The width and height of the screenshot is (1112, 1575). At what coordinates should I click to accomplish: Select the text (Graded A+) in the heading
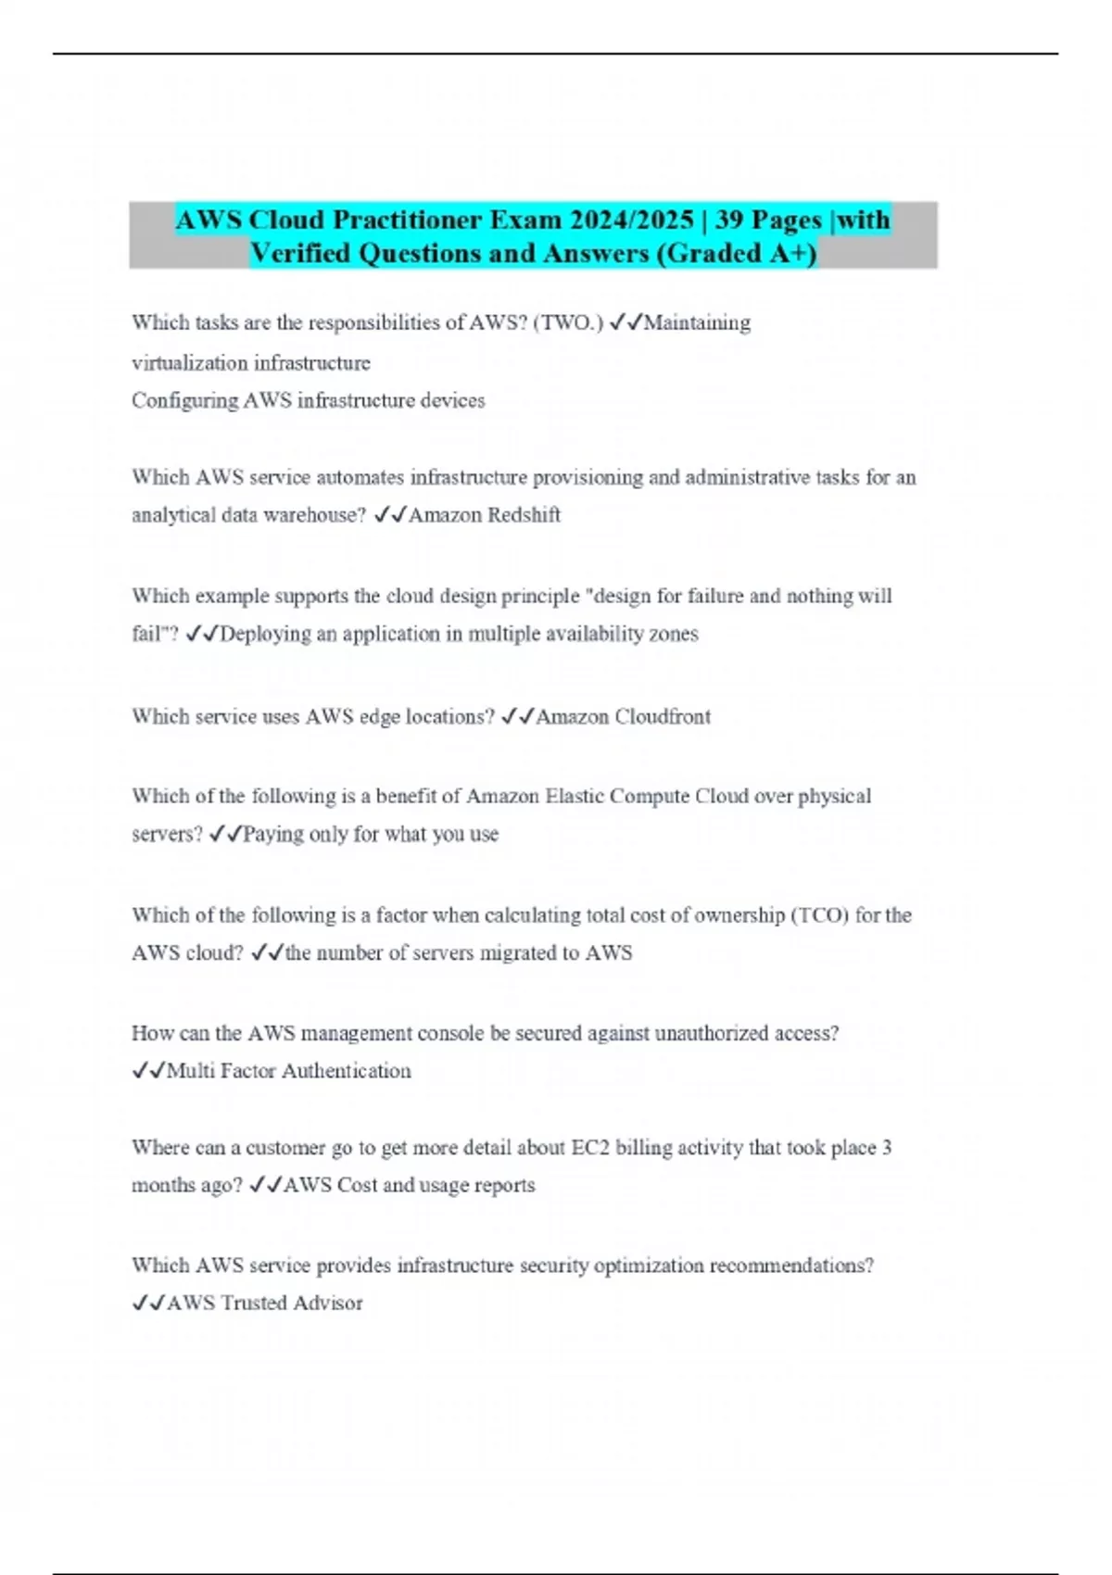coord(736,253)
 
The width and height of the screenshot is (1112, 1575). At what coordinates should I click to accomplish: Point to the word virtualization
coord(188,362)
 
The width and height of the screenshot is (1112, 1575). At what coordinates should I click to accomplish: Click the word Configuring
coord(184,400)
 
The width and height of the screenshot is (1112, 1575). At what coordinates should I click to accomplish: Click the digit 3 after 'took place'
coord(887,1148)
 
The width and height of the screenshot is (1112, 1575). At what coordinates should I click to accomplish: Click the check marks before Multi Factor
coord(148,1071)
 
